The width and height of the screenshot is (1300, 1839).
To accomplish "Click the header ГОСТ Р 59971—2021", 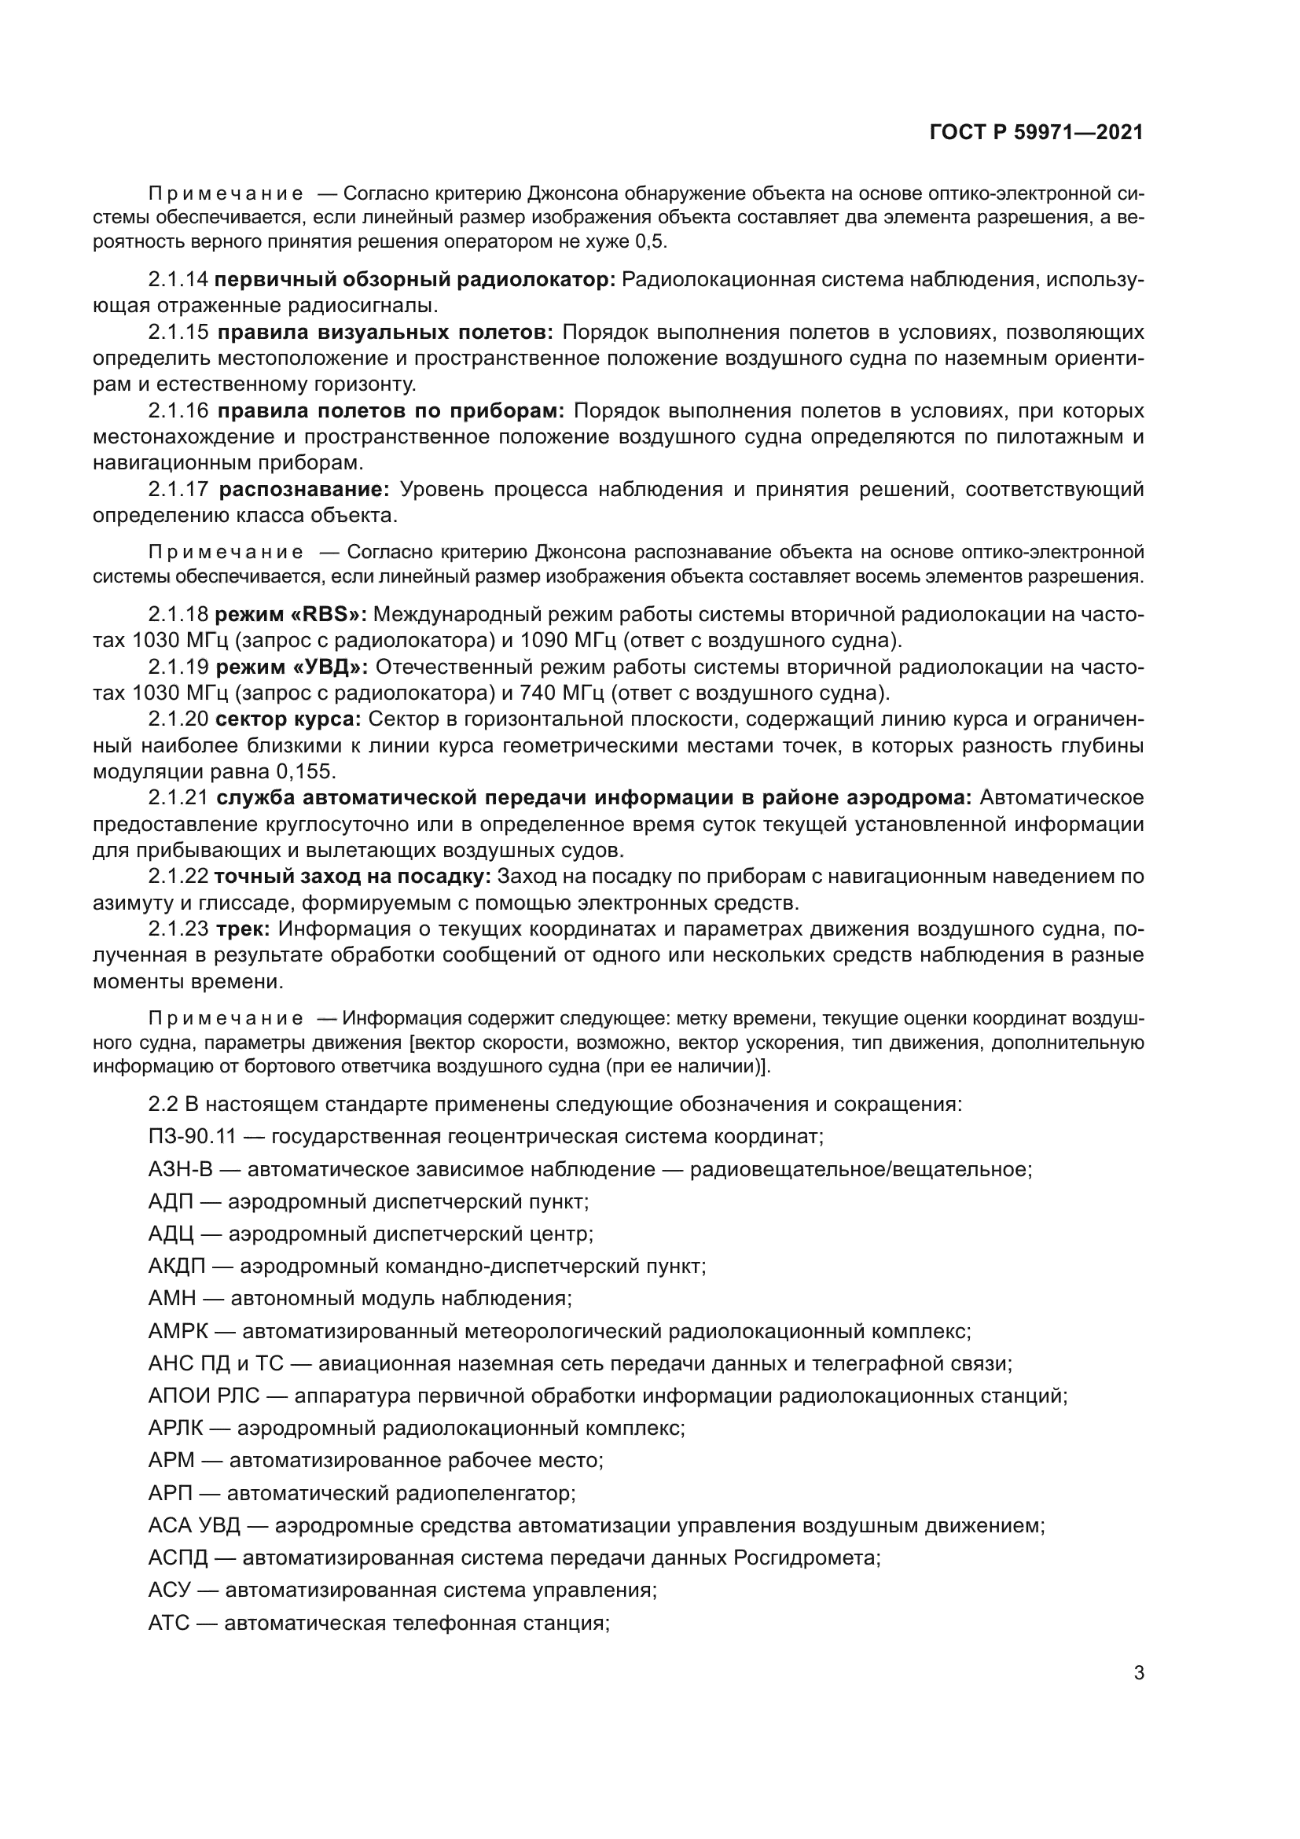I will tap(1036, 133).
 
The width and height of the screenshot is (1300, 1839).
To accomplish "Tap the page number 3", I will tap(1138, 1672).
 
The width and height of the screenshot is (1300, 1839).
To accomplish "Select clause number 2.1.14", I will tap(178, 280).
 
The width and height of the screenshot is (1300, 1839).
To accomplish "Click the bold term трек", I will tap(242, 929).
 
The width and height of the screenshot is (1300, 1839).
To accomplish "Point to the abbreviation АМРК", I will tap(178, 1331).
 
